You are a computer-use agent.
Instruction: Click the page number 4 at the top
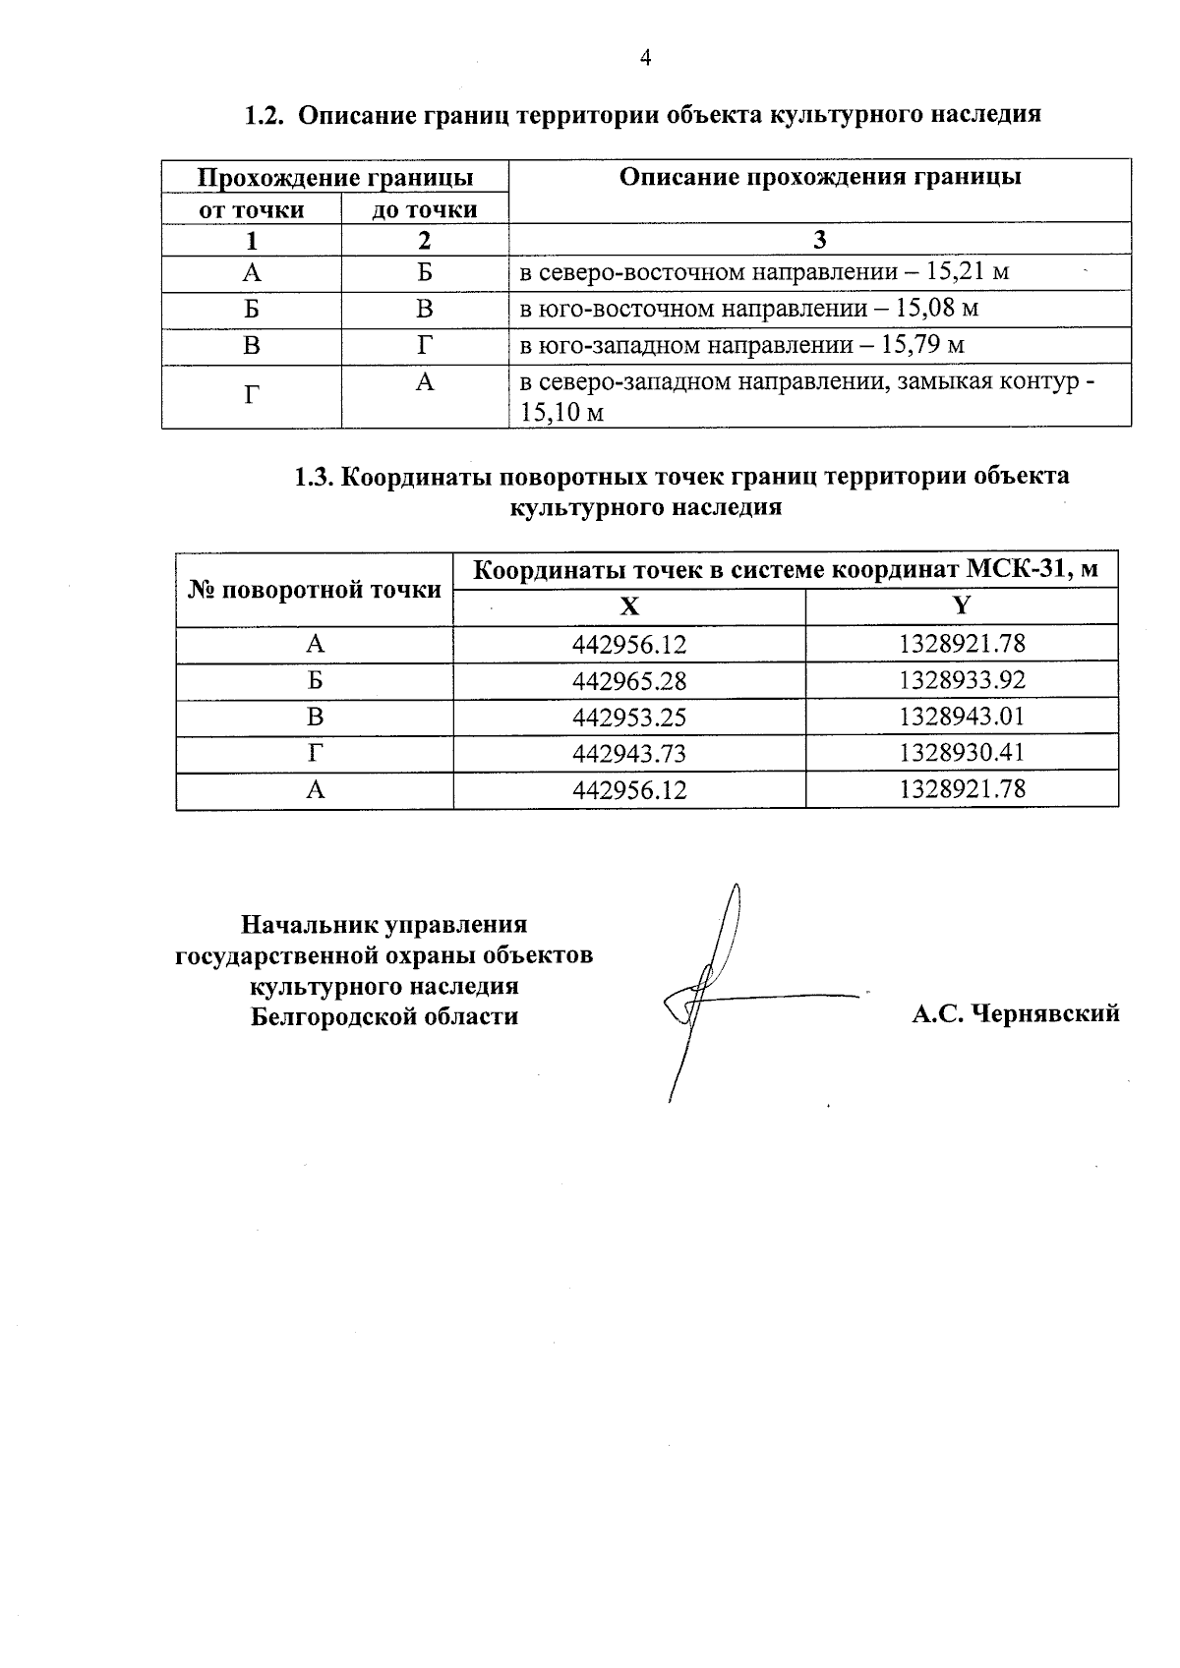(x=645, y=58)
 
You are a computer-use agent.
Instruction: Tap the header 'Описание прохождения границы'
(x=819, y=177)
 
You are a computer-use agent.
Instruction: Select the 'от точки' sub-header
(x=252, y=209)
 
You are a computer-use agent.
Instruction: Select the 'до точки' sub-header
(x=424, y=209)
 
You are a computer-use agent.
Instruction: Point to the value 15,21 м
(x=968, y=271)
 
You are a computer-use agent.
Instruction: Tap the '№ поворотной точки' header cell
(x=315, y=590)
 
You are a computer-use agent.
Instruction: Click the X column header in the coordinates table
(x=628, y=606)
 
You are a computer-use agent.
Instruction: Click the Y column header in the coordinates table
(x=962, y=605)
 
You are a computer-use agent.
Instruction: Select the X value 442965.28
(x=629, y=681)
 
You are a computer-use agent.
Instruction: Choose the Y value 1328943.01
(x=962, y=717)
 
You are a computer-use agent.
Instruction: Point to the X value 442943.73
(x=629, y=754)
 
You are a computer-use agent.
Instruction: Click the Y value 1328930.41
(x=962, y=753)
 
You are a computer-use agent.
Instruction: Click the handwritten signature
(x=713, y=993)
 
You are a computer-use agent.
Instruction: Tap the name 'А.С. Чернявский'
(x=1015, y=1013)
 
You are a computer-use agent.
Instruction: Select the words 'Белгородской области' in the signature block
(x=384, y=1016)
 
